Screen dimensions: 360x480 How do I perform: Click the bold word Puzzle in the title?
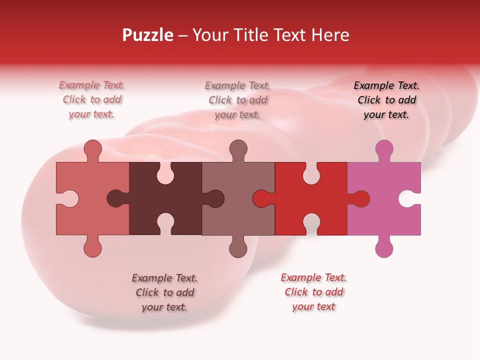point(148,35)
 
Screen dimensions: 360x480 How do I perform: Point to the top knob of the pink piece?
point(384,149)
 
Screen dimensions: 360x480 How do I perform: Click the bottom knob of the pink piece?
point(384,248)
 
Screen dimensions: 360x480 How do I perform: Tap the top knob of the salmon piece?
point(92,149)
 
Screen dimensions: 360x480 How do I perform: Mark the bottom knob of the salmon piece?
point(92,248)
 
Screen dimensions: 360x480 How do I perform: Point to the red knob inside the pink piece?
point(360,199)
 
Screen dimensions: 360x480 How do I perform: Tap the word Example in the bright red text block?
point(299,277)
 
